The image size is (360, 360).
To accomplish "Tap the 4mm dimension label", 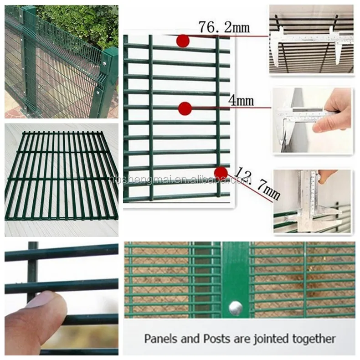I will pos(241,100).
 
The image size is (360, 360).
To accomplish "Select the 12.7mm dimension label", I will pos(257,184).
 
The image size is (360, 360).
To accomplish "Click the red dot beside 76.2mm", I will pos(183,41).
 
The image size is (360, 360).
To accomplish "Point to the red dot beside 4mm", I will pos(185,108).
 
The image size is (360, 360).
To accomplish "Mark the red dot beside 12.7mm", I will pos(221,173).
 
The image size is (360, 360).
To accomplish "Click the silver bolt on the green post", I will pos(236,308).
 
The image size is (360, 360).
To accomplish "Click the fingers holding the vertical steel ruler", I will pos(327,175).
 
